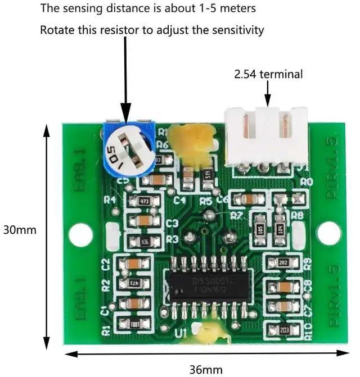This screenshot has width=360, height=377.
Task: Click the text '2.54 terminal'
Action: pyautogui.click(x=268, y=74)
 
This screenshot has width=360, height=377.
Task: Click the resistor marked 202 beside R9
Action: pyautogui.click(x=283, y=262)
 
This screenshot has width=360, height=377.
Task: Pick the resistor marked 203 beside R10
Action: pyautogui.click(x=283, y=330)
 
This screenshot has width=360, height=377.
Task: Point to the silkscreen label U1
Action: pyautogui.click(x=181, y=335)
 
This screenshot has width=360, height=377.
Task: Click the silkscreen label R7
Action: pyautogui.click(x=236, y=215)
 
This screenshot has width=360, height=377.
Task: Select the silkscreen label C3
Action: pyautogui.click(x=173, y=224)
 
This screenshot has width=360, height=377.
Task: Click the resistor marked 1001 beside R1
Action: pyautogui.click(x=135, y=324)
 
